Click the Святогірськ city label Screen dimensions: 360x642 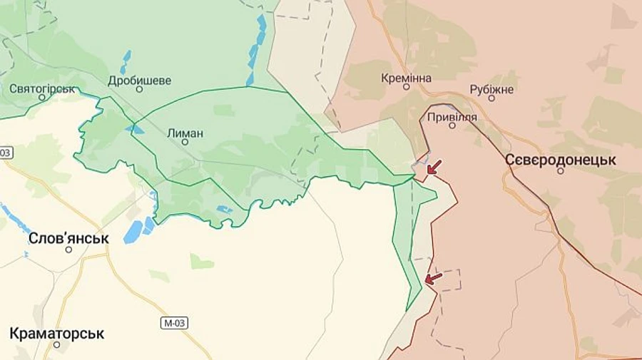(43, 89)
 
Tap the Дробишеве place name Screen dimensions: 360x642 (140, 81)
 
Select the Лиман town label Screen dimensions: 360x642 (185, 133)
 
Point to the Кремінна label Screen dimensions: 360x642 (406, 77)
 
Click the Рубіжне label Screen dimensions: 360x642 (491, 88)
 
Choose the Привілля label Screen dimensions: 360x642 (452, 115)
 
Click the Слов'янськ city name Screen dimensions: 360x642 (68, 238)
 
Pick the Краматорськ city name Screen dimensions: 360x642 (57, 333)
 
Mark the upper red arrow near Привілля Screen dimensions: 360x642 (433, 168)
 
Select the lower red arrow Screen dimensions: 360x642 (433, 277)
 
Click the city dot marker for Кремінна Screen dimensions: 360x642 (407, 87)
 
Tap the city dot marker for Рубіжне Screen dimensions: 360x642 (491, 98)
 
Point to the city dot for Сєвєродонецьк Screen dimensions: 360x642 (561, 171)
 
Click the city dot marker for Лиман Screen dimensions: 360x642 (185, 143)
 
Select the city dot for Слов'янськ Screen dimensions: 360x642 (68, 250)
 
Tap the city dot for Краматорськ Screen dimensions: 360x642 (57, 344)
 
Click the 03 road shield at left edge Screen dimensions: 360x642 (6, 152)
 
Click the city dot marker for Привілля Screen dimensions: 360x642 (452, 125)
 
